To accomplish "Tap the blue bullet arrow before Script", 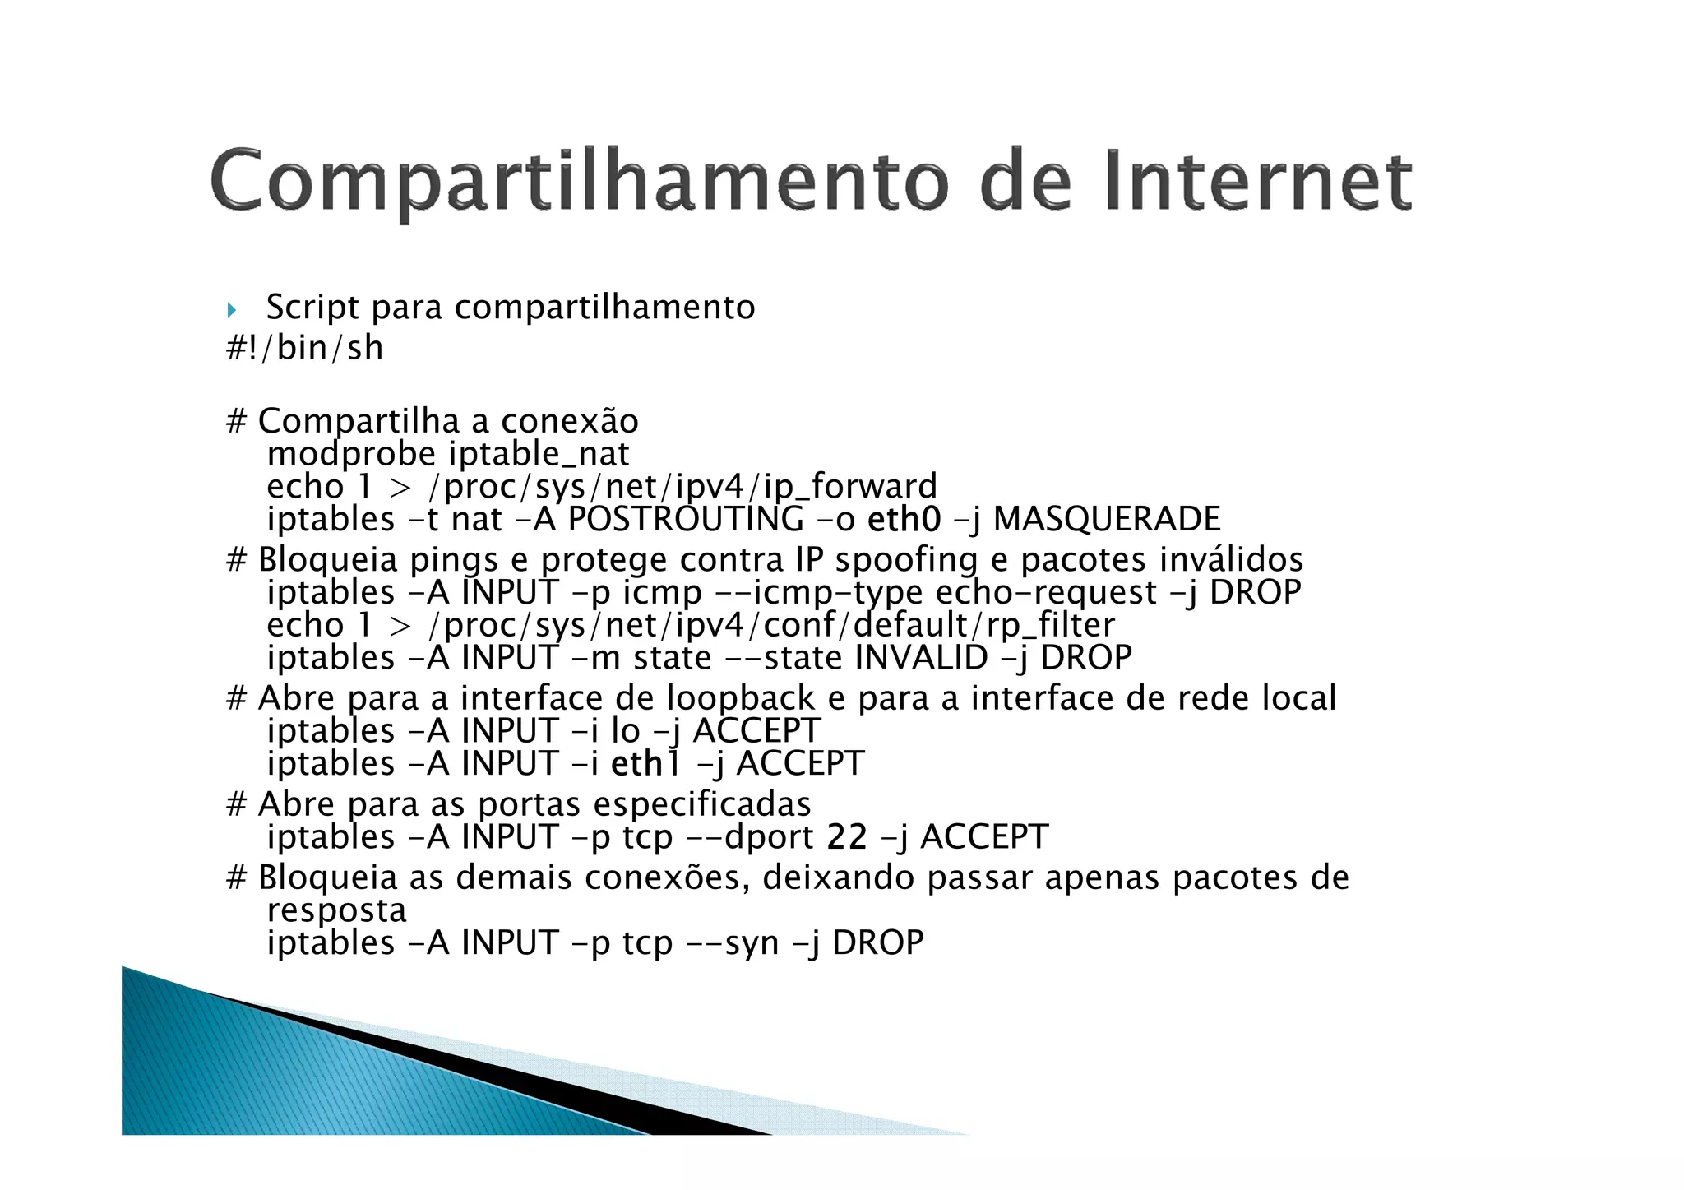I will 232,310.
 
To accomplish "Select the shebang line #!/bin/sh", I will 305,348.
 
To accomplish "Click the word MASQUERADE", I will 1107,519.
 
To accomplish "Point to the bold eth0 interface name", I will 904,519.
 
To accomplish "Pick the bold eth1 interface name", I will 646,763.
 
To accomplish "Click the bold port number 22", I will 847,837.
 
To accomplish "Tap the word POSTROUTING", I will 686,519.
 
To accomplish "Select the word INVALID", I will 921,658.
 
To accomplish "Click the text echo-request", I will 1047,592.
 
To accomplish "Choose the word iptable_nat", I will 539,454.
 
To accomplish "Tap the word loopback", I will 740,699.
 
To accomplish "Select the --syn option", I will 733,942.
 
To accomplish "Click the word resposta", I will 337,910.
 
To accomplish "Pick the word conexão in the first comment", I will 569,422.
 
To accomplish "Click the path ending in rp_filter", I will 772,625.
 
